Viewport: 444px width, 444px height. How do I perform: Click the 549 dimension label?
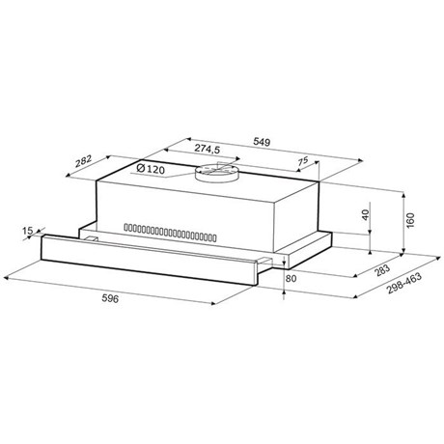[262, 142]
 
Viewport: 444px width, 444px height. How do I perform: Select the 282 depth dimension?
[84, 161]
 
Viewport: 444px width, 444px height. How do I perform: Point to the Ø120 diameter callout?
[151, 169]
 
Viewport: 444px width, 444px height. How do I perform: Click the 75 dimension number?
[302, 160]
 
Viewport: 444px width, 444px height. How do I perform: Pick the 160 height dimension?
[410, 220]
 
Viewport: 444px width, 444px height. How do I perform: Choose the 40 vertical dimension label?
[366, 214]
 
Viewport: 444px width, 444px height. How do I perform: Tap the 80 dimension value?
[291, 278]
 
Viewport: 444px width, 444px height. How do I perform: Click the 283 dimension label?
[382, 270]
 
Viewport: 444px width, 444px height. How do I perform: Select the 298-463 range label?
[404, 284]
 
